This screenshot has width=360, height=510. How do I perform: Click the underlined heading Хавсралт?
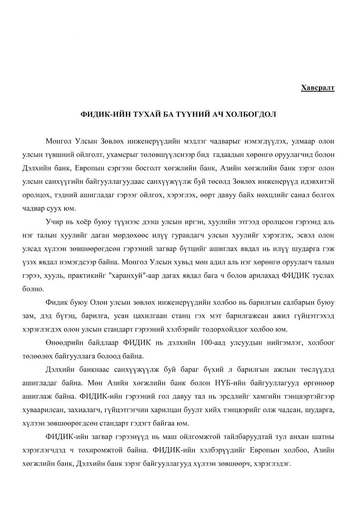click(318, 88)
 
